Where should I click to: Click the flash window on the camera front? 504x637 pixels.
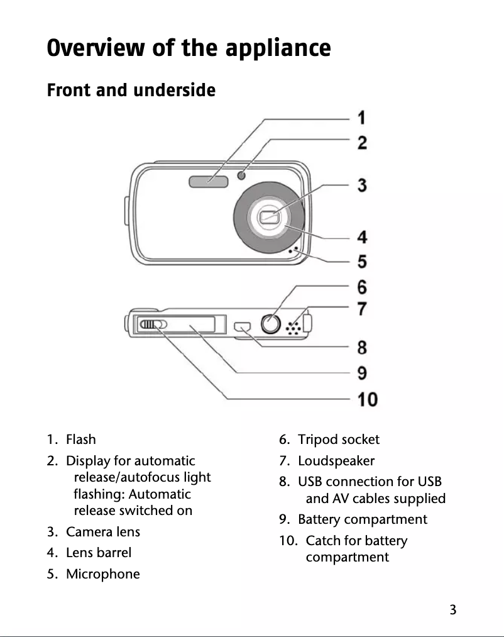(x=208, y=182)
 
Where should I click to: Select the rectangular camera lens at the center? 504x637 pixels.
(x=270, y=218)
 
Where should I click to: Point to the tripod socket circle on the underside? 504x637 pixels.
(x=271, y=324)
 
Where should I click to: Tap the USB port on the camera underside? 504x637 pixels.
(x=243, y=327)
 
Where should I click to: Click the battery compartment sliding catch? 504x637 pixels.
(x=152, y=324)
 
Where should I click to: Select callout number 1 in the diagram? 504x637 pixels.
(x=363, y=118)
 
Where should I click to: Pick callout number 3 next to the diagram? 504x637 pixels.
(x=363, y=186)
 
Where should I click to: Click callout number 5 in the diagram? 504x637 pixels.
(x=363, y=260)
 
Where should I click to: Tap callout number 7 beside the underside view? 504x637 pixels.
(x=363, y=309)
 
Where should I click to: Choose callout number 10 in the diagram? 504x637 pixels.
(x=368, y=399)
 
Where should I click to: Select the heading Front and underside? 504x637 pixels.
(x=131, y=91)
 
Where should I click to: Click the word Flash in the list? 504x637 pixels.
(x=81, y=439)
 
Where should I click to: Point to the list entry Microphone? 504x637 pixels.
(x=103, y=574)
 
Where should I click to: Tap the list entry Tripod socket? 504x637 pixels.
(x=339, y=439)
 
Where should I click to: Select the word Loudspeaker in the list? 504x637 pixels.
(x=336, y=460)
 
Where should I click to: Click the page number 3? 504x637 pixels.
(x=452, y=609)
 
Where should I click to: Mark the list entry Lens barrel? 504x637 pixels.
(x=99, y=553)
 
